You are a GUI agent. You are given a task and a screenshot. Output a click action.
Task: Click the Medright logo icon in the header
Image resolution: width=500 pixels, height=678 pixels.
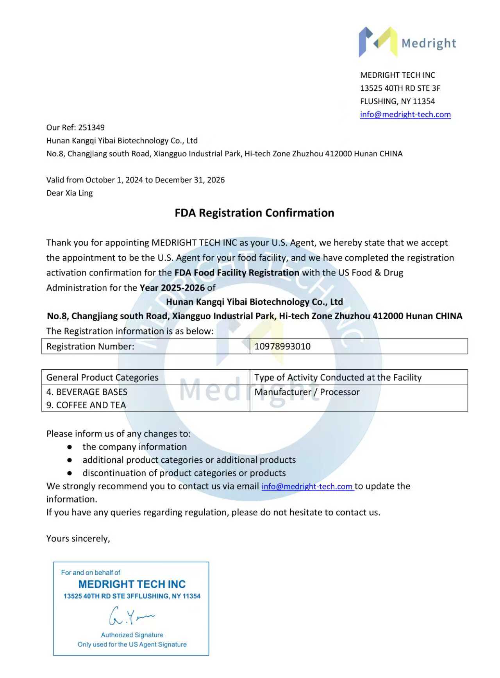tap(378, 42)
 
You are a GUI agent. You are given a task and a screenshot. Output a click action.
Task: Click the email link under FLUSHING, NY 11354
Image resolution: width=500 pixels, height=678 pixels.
tap(405, 114)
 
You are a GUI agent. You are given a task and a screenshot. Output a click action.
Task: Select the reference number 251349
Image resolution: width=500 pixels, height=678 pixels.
tap(91, 127)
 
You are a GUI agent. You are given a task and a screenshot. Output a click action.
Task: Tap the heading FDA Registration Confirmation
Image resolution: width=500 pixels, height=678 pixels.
tap(254, 213)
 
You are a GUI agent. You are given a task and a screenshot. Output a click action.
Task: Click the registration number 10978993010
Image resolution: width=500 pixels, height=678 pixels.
tap(282, 347)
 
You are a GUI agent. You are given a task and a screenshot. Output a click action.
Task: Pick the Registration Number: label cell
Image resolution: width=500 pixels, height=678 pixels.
tap(90, 347)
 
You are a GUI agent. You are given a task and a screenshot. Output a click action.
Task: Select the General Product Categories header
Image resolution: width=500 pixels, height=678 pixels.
tap(102, 377)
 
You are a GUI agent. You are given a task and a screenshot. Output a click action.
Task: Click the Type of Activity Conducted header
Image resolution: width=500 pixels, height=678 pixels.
tap(338, 377)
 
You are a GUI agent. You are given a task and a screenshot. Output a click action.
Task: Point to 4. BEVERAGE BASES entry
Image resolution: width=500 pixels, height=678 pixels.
tap(87, 392)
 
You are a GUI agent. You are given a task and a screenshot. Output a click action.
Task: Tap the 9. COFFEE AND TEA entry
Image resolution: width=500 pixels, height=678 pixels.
tap(86, 405)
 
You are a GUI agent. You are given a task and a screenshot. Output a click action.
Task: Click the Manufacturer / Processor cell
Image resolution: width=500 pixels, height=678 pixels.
tap(307, 392)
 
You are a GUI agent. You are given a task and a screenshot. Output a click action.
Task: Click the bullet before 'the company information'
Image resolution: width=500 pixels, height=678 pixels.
tap(70, 447)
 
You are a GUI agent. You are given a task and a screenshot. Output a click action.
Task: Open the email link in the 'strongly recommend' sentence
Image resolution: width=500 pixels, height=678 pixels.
tap(307, 487)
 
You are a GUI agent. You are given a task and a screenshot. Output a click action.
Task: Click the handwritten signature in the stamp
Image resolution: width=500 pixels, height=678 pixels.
tap(131, 616)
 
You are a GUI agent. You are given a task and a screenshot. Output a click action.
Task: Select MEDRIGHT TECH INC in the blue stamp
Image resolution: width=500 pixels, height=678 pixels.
tap(132, 584)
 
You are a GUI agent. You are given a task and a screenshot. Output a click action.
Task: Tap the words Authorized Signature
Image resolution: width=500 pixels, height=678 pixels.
tap(132, 635)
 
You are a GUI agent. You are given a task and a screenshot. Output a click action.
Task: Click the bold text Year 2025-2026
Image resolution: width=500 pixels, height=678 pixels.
tap(172, 288)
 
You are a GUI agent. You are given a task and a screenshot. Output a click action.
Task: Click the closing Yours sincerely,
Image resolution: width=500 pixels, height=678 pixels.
tap(78, 538)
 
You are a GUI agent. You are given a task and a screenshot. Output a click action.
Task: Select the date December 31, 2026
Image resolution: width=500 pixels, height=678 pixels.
tap(190, 180)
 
